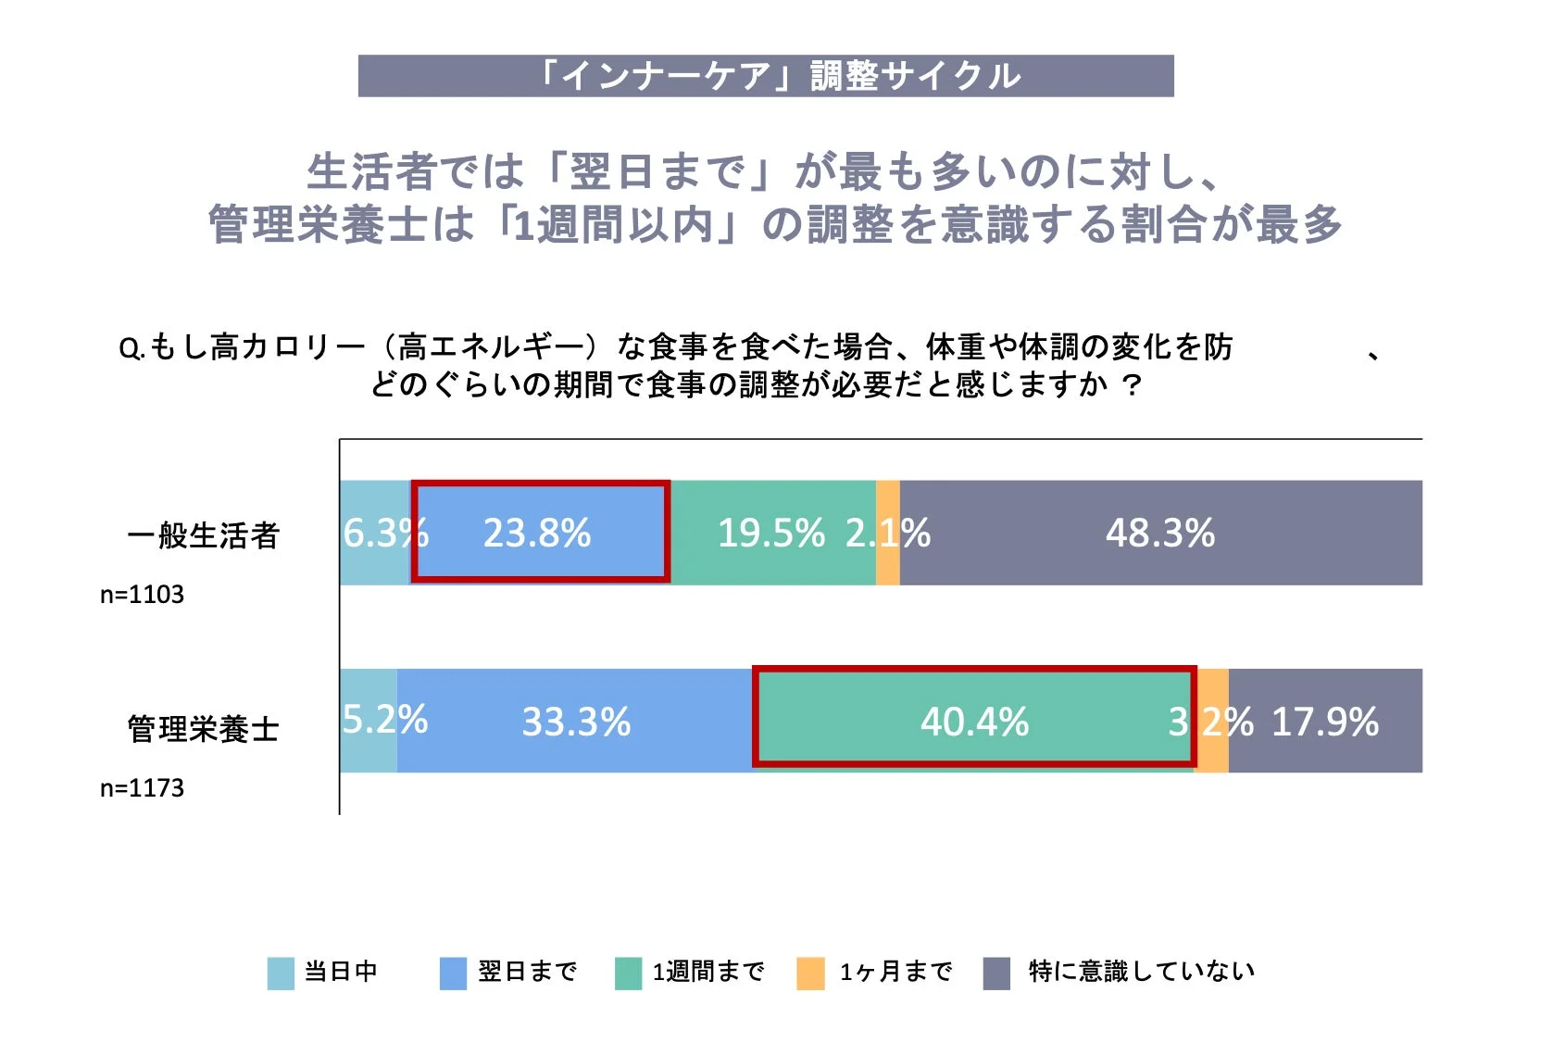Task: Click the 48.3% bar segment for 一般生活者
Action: (1160, 533)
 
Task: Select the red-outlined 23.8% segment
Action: (539, 533)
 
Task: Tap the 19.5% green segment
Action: (772, 533)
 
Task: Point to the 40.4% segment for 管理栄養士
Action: (974, 721)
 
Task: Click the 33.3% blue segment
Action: (575, 721)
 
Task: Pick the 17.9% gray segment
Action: (1325, 721)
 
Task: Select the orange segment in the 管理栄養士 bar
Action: (1212, 721)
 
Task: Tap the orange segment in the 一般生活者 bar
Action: (887, 533)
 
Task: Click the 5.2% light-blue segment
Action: (368, 721)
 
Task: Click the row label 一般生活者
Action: (203, 535)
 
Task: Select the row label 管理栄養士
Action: (203, 729)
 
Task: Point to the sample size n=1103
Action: (142, 595)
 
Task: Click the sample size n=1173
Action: (142, 788)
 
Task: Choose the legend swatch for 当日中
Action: (280, 974)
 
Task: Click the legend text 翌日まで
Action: (527, 971)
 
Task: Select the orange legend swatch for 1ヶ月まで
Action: (810, 974)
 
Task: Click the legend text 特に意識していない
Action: (1141, 971)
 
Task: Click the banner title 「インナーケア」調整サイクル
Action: (766, 76)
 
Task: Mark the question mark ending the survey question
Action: (1131, 384)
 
